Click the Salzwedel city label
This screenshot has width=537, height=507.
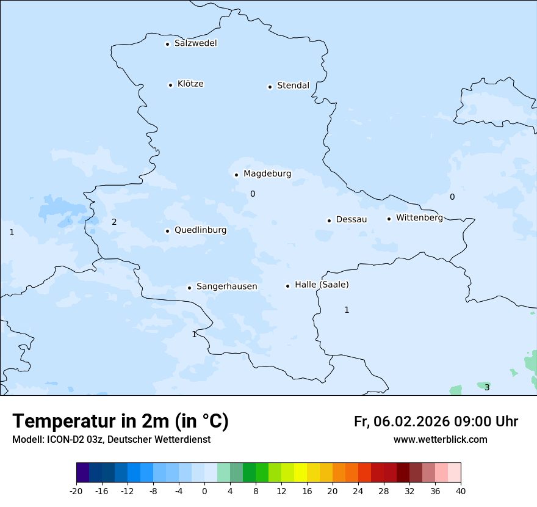coord(195,43)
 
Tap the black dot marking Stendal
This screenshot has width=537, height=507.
coord(270,87)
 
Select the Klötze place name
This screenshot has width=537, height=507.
coord(190,84)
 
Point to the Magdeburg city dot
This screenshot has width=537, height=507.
coord(236,175)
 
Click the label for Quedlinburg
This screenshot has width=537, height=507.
coord(200,230)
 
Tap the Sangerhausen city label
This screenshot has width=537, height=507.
coord(226,286)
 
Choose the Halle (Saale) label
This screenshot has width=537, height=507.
coord(322,285)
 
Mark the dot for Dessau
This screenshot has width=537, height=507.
coord(329,221)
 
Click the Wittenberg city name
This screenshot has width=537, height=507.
coord(419,218)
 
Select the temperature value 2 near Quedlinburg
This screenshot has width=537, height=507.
coord(114,222)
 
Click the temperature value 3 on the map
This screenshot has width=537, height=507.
coord(487,387)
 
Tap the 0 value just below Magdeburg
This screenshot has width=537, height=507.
coord(253,194)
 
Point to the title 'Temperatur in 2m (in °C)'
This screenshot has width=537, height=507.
coord(120,421)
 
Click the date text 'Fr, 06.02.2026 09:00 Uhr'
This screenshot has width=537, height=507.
coord(436,421)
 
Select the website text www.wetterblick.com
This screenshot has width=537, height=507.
coord(440,440)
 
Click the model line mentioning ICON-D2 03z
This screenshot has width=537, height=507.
coord(111,440)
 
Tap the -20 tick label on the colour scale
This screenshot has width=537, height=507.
coord(76,491)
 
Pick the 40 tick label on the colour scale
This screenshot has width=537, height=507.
coord(460,491)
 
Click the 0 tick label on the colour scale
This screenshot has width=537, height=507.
coord(204,491)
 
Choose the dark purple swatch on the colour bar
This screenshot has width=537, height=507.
coord(82,473)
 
